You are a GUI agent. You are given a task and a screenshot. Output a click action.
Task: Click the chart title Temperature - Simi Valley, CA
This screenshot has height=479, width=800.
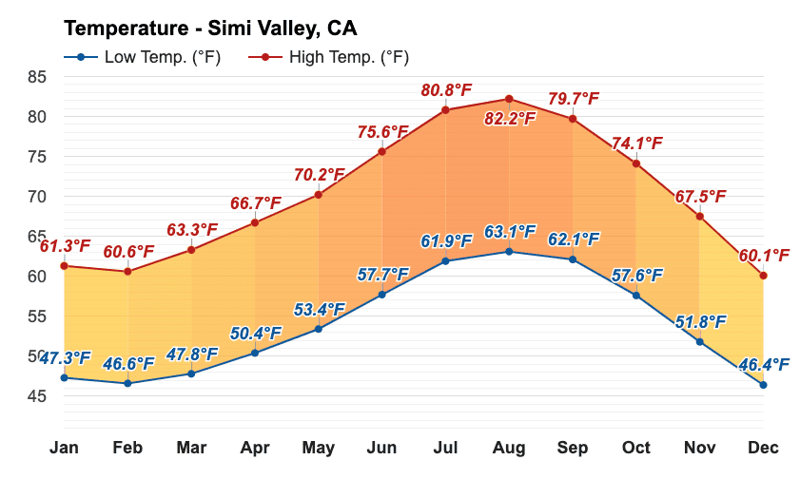(210, 26)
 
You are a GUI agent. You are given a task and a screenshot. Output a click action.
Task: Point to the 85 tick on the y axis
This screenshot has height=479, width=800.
(37, 77)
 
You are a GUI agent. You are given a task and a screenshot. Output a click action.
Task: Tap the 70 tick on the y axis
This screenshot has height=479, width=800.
(37, 197)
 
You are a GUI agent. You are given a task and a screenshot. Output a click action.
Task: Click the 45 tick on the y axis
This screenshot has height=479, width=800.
(37, 396)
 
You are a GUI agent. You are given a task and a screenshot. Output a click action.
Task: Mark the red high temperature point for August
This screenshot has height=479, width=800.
(509, 99)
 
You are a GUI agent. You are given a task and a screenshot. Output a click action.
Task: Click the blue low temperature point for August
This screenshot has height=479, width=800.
(509, 252)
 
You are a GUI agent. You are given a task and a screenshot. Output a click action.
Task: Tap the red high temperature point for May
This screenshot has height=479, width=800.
(318, 195)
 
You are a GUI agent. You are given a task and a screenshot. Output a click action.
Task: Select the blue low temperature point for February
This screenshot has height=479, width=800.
(127, 383)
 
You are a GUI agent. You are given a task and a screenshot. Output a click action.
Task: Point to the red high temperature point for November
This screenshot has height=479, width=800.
(699, 217)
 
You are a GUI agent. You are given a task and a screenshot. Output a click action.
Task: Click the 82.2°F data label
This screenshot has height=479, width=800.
(510, 119)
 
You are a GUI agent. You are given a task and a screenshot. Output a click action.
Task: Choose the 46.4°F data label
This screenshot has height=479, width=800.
(764, 365)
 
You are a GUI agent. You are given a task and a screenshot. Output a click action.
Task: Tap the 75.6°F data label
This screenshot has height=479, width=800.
(383, 131)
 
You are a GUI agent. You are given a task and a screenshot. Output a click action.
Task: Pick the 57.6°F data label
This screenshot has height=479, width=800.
(637, 276)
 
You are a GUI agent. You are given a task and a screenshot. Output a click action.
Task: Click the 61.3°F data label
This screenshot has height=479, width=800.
(65, 246)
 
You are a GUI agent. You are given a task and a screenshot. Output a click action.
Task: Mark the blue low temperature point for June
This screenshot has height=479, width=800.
(381, 295)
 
